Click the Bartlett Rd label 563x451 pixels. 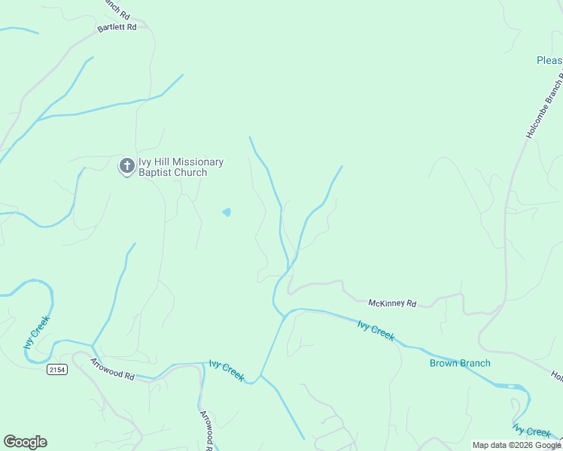point(117,27)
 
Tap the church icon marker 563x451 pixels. point(127,165)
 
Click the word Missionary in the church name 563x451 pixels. point(198,162)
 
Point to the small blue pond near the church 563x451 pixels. point(227,212)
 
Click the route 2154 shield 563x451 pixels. point(56,369)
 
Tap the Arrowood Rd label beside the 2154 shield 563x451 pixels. point(111,369)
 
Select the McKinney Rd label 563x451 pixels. point(392,303)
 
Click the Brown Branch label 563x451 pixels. point(460,363)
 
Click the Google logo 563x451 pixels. point(25,442)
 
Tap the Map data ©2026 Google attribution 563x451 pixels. point(516,445)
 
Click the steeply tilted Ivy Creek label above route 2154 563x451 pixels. point(36,332)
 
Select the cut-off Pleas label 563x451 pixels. point(549,60)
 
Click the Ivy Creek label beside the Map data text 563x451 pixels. point(532,431)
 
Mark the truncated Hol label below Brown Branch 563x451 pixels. point(556,375)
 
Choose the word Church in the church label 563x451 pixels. point(190,172)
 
